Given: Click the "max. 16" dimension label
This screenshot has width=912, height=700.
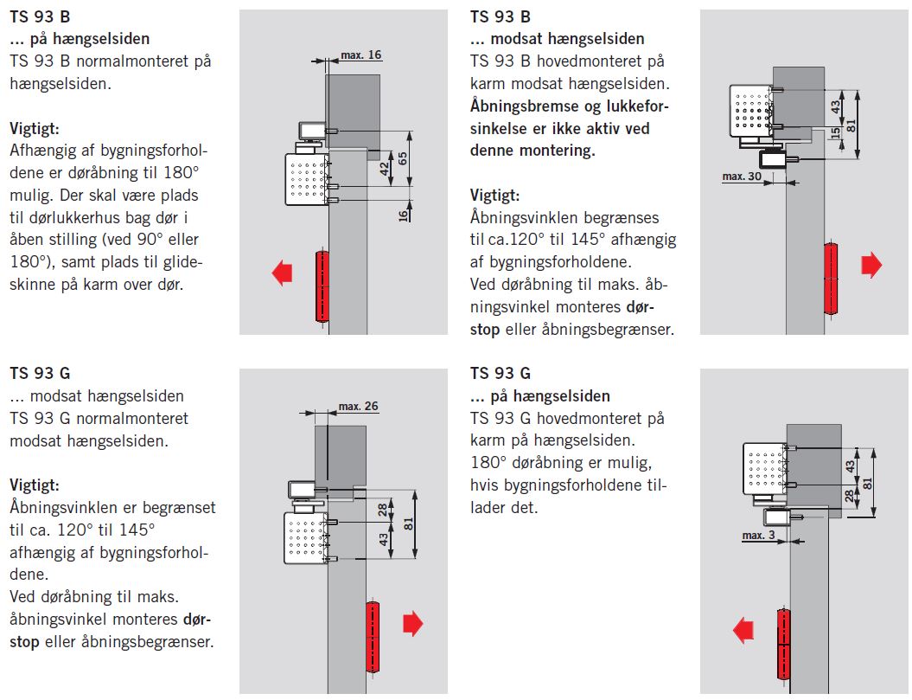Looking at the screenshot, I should click(360, 55).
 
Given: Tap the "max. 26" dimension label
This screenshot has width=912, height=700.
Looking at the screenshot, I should click(358, 406).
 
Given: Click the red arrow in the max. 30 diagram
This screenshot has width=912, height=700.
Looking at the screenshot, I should click(871, 266).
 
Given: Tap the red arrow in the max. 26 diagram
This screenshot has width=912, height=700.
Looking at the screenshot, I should click(412, 623).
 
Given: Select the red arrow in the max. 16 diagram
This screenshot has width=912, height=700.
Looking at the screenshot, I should click(282, 273).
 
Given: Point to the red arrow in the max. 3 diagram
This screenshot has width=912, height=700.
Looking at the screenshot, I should click(743, 630).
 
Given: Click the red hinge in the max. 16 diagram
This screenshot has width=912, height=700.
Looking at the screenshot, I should click(322, 286).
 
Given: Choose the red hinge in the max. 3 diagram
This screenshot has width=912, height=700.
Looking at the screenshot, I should click(783, 645).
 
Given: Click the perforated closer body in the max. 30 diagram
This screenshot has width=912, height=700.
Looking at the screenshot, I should click(749, 111).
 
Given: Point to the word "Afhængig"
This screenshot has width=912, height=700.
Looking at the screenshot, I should click(40, 151).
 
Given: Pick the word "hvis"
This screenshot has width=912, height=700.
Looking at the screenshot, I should click(487, 485).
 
